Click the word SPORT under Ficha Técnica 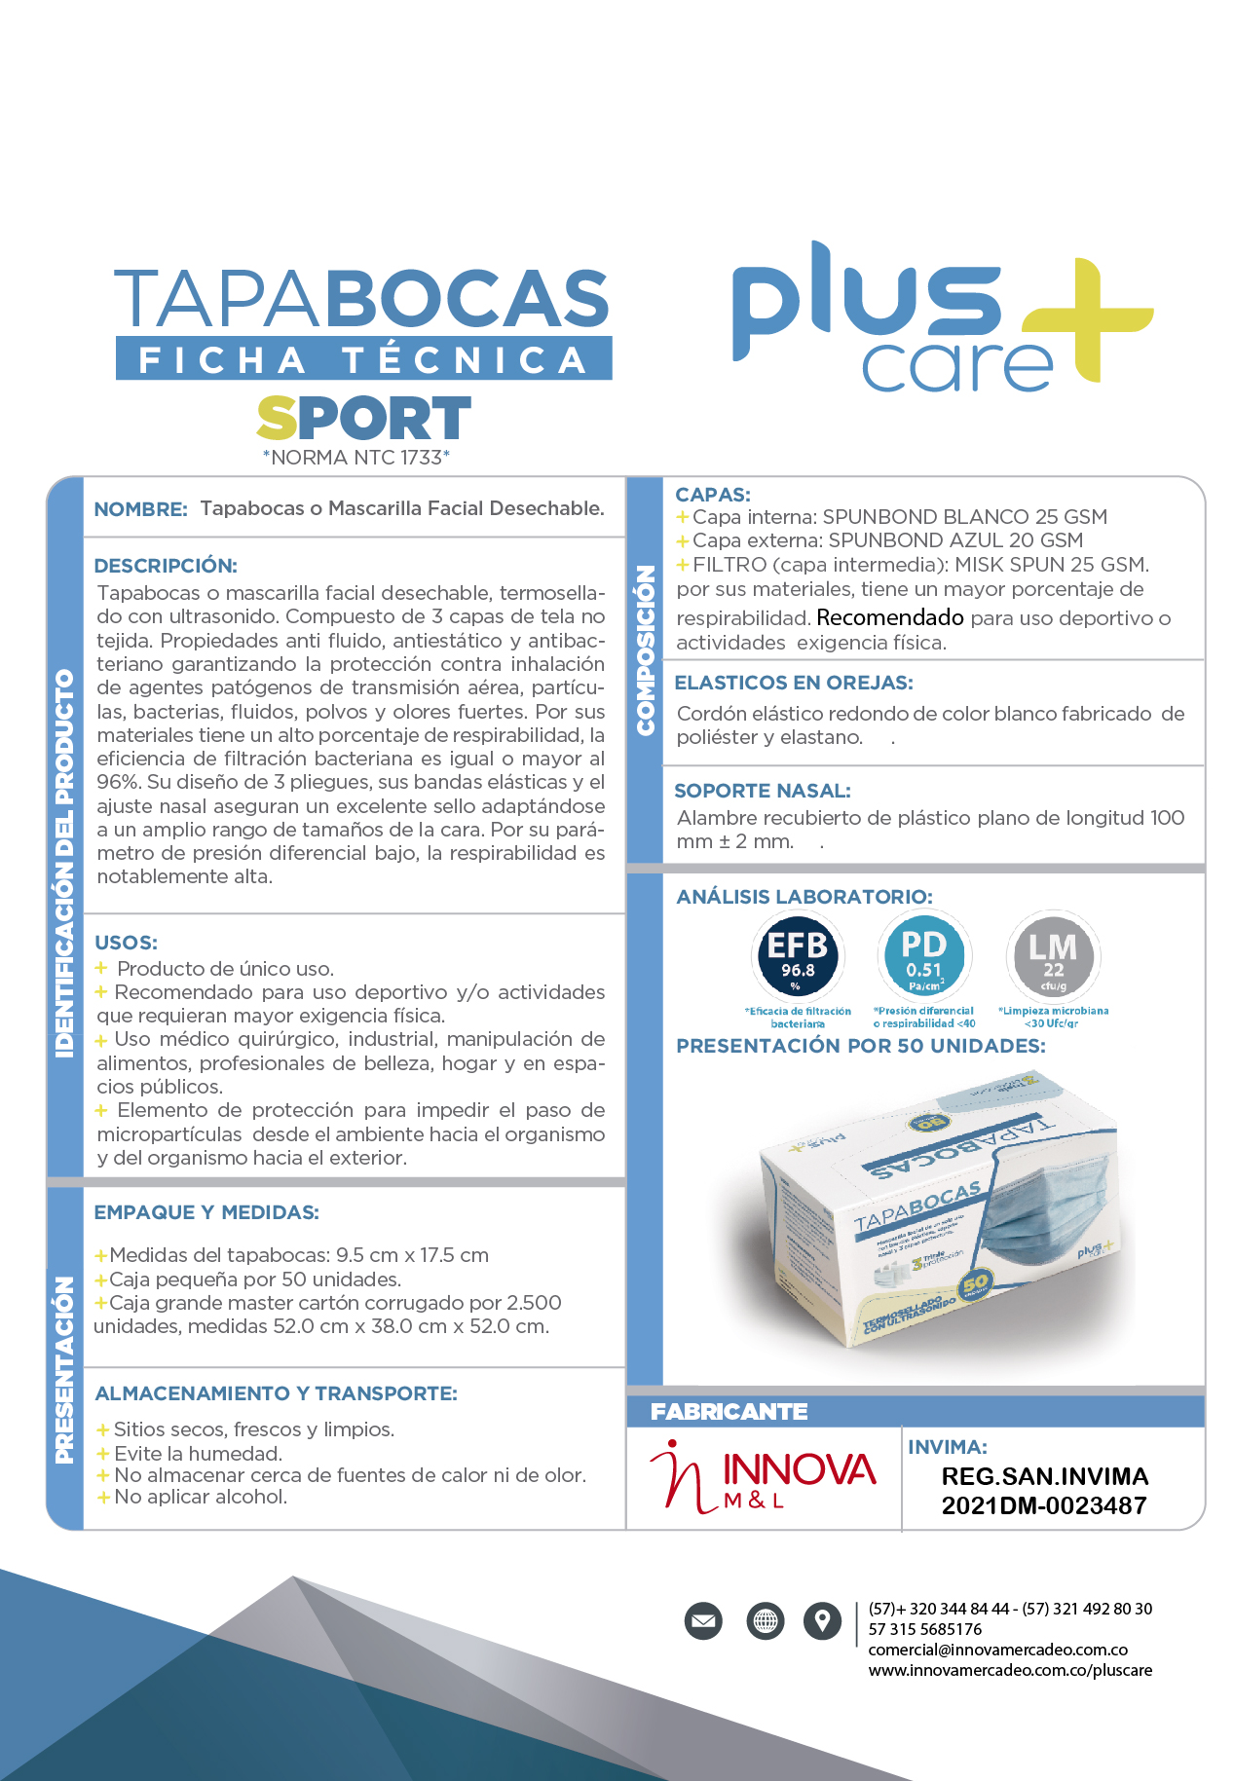363,419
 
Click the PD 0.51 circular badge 923,954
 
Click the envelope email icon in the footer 703,1620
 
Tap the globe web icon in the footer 765,1620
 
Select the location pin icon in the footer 822,1620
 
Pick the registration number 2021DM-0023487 1043,1505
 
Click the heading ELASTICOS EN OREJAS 794,683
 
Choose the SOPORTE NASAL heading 763,791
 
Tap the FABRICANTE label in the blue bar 729,1411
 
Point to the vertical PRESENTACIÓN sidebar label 64,1369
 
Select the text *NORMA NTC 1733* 356,458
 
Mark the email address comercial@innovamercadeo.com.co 997,1650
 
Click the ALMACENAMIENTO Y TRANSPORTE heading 276,1393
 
